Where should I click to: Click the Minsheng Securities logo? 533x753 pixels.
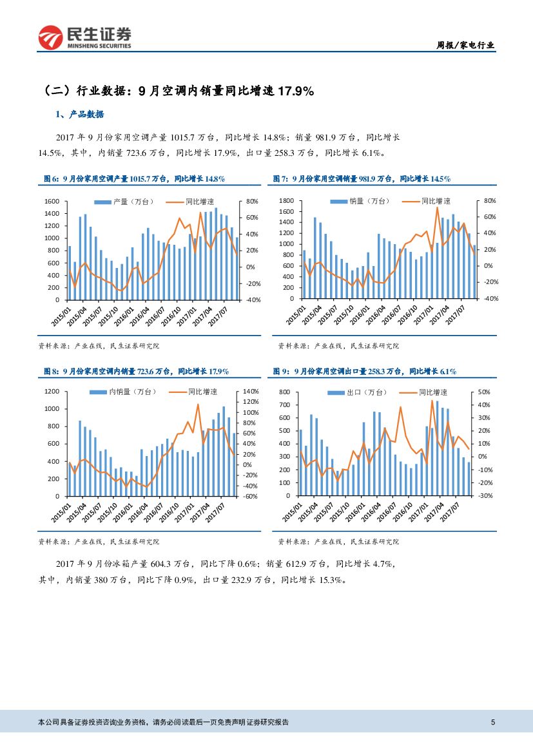(84, 37)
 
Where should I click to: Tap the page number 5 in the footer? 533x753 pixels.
(493, 722)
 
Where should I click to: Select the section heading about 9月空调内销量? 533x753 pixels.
(179, 91)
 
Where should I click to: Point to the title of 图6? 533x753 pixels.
(133, 178)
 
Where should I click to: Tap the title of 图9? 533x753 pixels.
(364, 371)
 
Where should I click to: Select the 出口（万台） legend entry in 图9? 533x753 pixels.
(367, 392)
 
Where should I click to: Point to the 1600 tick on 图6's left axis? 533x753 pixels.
(53, 202)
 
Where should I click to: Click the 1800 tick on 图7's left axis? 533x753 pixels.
(287, 201)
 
